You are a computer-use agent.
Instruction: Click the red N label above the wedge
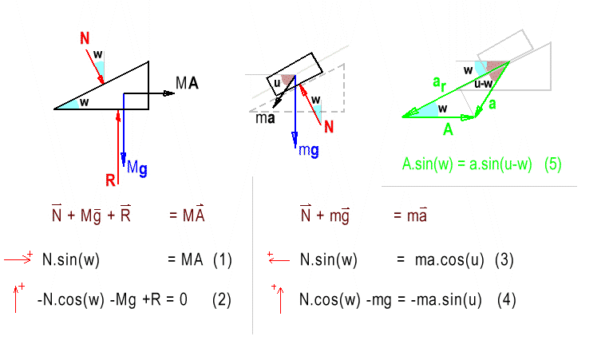[x=85, y=38]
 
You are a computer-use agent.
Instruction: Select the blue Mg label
[x=136, y=168]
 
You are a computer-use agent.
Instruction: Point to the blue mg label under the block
[x=309, y=150]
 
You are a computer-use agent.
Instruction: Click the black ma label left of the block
[x=265, y=118]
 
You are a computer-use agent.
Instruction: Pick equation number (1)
[x=222, y=259]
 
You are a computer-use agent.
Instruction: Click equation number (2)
[x=222, y=300]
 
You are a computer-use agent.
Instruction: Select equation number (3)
[x=504, y=259]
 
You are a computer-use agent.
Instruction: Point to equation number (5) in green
[x=552, y=164]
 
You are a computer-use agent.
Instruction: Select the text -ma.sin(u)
[x=447, y=300]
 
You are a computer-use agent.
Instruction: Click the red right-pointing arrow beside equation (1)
[x=18, y=258]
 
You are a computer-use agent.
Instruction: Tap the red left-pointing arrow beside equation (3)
[x=277, y=258]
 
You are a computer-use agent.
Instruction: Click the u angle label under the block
[x=276, y=81]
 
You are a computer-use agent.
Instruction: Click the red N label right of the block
[x=330, y=125]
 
